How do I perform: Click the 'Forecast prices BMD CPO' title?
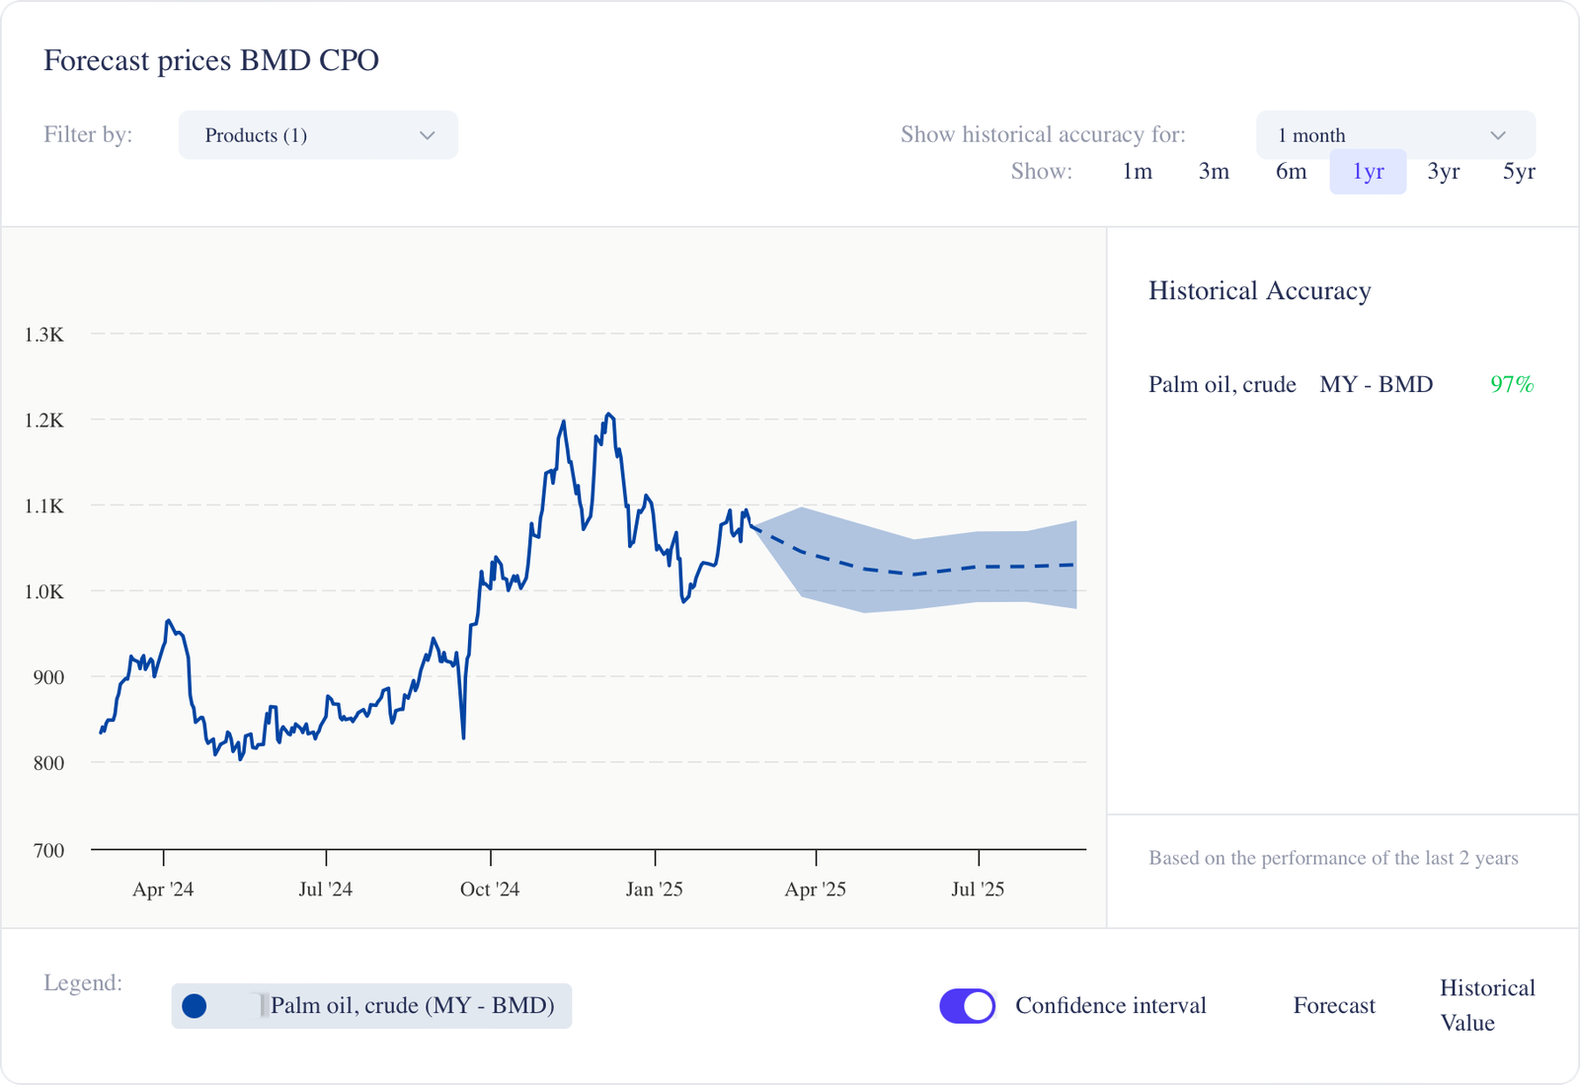(211, 61)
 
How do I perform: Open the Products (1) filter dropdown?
(318, 135)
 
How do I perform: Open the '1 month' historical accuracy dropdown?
(1394, 135)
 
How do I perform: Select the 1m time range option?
(1137, 172)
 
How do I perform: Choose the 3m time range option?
(1214, 172)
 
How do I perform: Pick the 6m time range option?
(1291, 172)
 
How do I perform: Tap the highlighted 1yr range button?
(1368, 172)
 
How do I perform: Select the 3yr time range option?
(1443, 172)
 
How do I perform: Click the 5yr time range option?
(1519, 172)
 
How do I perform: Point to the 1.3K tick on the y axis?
(44, 335)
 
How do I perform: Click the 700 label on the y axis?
(48, 850)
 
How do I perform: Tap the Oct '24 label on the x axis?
(490, 890)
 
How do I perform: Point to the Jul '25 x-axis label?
(978, 890)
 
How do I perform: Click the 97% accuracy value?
(1512, 385)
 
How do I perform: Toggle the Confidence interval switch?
(967, 1006)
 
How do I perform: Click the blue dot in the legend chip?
(195, 1006)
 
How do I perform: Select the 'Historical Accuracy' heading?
(1259, 291)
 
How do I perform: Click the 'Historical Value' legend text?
(1486, 1005)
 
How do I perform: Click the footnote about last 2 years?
(1333, 858)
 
